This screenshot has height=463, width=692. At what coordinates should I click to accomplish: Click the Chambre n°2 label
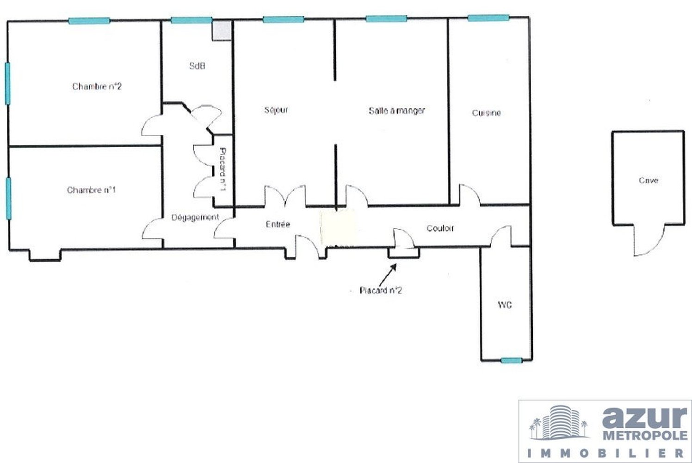click(x=97, y=86)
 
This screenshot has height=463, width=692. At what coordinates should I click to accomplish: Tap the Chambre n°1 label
click(x=92, y=189)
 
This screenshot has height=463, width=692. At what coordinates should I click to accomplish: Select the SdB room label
click(x=198, y=66)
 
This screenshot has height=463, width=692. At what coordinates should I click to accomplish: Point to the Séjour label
click(x=276, y=110)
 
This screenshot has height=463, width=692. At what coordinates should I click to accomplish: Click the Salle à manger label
click(x=397, y=111)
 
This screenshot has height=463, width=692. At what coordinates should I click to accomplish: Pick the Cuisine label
click(x=486, y=113)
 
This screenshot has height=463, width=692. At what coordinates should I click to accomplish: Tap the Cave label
click(x=649, y=180)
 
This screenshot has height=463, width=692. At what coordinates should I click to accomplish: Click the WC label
click(x=505, y=305)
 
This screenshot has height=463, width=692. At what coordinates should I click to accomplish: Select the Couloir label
click(x=440, y=228)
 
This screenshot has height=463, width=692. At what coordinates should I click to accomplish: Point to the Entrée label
click(x=278, y=224)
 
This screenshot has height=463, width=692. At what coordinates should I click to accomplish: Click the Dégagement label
click(x=195, y=218)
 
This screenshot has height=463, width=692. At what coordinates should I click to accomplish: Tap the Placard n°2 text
click(x=381, y=290)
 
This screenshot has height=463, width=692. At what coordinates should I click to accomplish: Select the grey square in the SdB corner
click(x=222, y=30)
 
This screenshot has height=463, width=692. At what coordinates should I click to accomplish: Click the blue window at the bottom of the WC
click(x=511, y=360)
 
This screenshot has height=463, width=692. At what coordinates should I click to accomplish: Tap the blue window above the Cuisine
click(x=488, y=18)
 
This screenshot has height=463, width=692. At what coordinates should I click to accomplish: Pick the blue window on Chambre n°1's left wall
click(x=9, y=199)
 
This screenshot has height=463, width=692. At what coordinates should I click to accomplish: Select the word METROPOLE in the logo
click(x=645, y=436)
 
